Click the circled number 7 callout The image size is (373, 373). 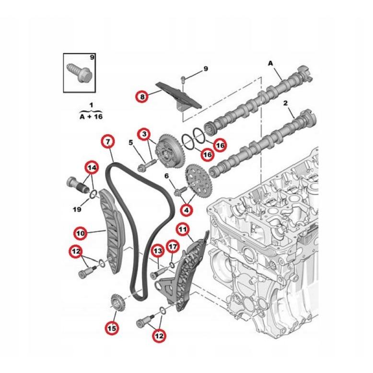click(108, 141)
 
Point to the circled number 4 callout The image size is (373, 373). click(186, 210)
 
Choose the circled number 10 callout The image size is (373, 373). click(80, 233)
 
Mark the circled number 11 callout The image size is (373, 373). click(182, 230)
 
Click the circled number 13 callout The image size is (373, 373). click(158, 250)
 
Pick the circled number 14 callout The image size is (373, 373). click(91, 167)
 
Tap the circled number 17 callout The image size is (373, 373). click(173, 247)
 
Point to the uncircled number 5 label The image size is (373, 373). click(130, 142)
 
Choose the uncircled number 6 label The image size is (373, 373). click(167, 176)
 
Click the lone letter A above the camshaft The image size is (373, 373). click(270, 63)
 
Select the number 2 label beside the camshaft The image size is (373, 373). click(285, 103)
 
